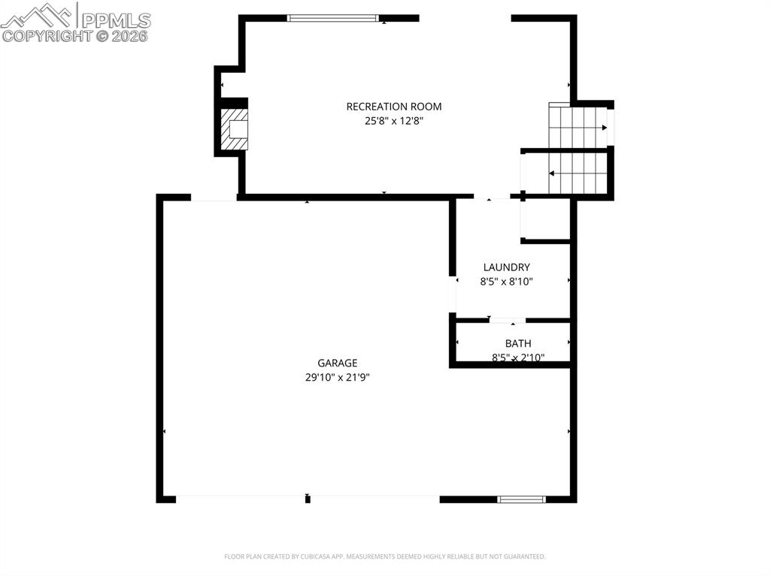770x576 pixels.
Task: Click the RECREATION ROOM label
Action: coord(393,107)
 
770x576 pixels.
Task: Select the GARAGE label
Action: coord(337,363)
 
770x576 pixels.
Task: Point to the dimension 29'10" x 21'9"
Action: coord(337,378)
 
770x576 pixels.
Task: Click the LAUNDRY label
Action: coord(506,267)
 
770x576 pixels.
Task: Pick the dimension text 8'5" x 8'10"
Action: coord(506,282)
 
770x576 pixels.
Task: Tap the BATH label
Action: coord(517,343)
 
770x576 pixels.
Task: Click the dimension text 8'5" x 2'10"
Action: coord(517,357)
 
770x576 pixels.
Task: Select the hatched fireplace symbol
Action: coord(234,128)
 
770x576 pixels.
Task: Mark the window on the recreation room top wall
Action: coord(334,18)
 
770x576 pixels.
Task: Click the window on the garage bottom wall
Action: coord(522,499)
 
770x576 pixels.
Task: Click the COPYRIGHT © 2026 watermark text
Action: coord(75,35)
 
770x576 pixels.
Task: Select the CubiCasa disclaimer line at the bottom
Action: coord(384,556)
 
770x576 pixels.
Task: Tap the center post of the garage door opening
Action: coord(308,499)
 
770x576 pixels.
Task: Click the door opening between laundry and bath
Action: coord(507,321)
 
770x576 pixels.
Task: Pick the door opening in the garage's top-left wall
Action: coord(214,198)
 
